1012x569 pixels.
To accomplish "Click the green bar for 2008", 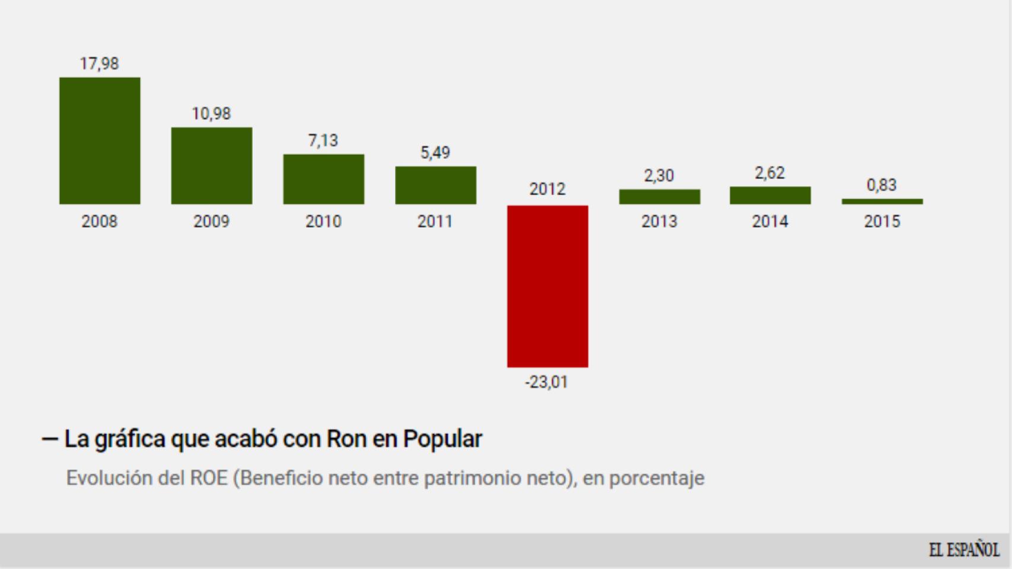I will (100, 140).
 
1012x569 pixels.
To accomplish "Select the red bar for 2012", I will (547, 286).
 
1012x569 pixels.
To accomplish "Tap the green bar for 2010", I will (323, 179).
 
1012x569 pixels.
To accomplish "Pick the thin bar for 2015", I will (881, 202).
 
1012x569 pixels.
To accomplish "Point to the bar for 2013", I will (659, 197).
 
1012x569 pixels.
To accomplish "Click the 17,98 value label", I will (100, 63).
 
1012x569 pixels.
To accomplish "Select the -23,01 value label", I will (546, 382).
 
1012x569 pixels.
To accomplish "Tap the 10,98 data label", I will (211, 114).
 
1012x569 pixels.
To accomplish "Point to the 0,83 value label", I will (881, 185).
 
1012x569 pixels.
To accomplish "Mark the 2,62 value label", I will (769, 173).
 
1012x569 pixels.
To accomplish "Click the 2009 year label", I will (211, 222).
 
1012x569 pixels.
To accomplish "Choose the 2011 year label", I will (435, 222).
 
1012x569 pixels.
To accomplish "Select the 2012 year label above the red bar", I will (547, 189).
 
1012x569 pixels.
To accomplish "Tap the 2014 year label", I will (770, 222).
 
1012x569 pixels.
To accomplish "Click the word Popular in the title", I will (443, 439).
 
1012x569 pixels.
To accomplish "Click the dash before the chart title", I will (50, 439).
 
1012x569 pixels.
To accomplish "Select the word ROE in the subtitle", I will (209, 478).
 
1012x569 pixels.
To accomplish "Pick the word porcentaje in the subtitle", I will (657, 478).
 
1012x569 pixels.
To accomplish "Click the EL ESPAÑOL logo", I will (964, 550).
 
